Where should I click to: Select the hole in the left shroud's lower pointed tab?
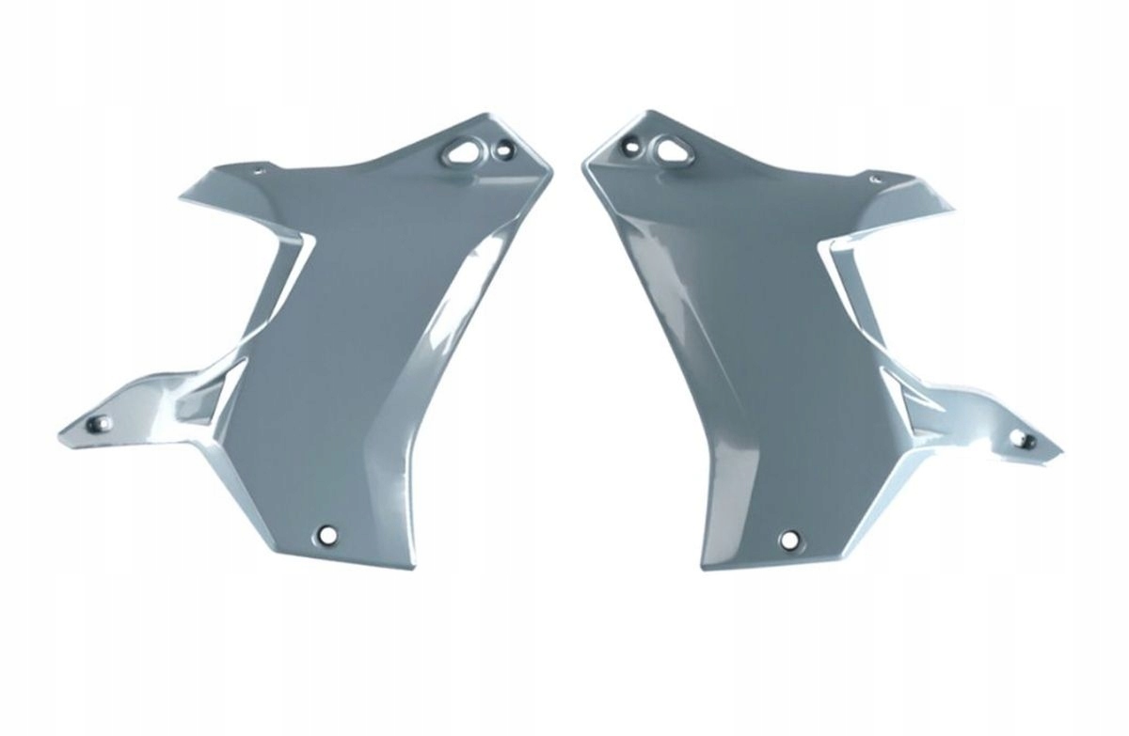pyautogui.click(x=99, y=423)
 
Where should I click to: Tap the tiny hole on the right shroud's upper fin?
pyautogui.click(x=874, y=179)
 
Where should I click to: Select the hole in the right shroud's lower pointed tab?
pyautogui.click(x=1026, y=439)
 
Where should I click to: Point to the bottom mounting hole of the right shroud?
pyautogui.click(x=789, y=540)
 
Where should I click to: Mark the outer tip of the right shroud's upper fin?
pyautogui.click(x=954, y=211)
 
